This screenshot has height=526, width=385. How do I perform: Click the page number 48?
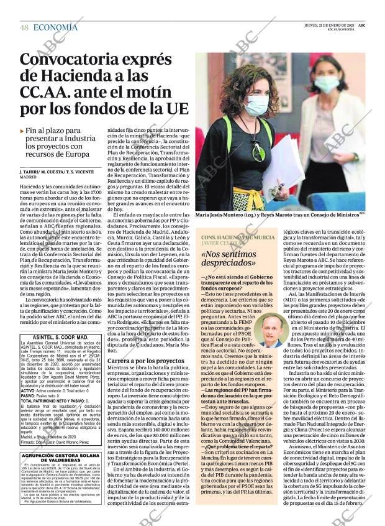[x=24, y=27]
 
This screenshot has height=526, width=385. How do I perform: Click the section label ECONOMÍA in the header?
[x=55, y=27]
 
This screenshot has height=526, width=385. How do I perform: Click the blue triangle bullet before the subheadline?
[x=22, y=131]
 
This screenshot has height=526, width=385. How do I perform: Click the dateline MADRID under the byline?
[x=29, y=177]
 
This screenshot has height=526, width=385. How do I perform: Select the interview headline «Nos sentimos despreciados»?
[x=240, y=258]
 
